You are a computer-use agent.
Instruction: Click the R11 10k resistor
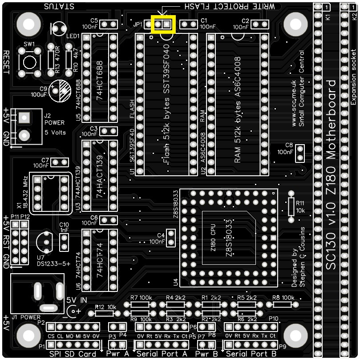click(x=291, y=206)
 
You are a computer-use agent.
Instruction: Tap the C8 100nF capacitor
click(x=300, y=154)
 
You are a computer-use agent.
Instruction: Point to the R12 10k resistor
click(x=106, y=314)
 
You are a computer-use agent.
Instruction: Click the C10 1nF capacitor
click(x=64, y=242)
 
